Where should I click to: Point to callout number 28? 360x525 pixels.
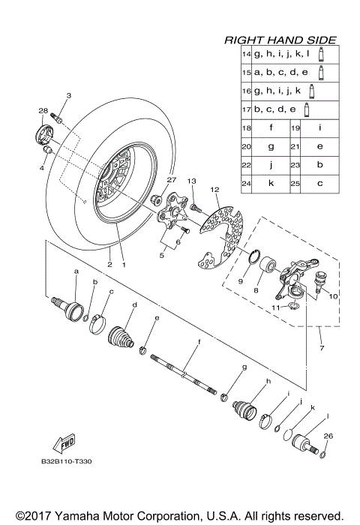[42, 111]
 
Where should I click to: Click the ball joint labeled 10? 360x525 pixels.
[323, 282]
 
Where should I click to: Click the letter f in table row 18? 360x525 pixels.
[269, 128]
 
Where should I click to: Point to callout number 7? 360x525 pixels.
[320, 349]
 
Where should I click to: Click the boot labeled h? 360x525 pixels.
[244, 411]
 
